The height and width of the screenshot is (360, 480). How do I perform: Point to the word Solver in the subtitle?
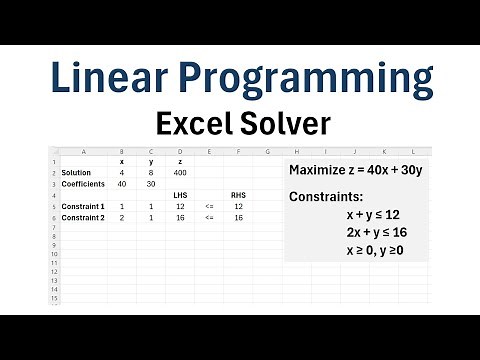[x=281, y=124]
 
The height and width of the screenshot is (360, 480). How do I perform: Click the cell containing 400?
[x=179, y=173]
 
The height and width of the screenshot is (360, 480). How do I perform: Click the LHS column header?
[x=179, y=195]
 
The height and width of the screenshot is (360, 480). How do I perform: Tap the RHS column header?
[x=238, y=195]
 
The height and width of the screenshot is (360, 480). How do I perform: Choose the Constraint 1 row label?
[x=82, y=206]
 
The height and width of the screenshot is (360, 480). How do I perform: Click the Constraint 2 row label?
[x=82, y=217]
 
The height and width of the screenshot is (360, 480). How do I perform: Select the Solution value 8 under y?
[x=150, y=173]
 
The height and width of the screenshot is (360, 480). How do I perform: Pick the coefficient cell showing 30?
[x=150, y=183]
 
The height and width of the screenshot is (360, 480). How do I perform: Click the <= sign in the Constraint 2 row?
[x=209, y=217]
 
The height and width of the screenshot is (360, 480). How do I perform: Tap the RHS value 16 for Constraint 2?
[x=238, y=217]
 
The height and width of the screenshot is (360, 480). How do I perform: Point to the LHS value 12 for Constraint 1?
[x=179, y=206]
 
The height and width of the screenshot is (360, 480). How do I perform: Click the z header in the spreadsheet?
[x=179, y=161]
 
